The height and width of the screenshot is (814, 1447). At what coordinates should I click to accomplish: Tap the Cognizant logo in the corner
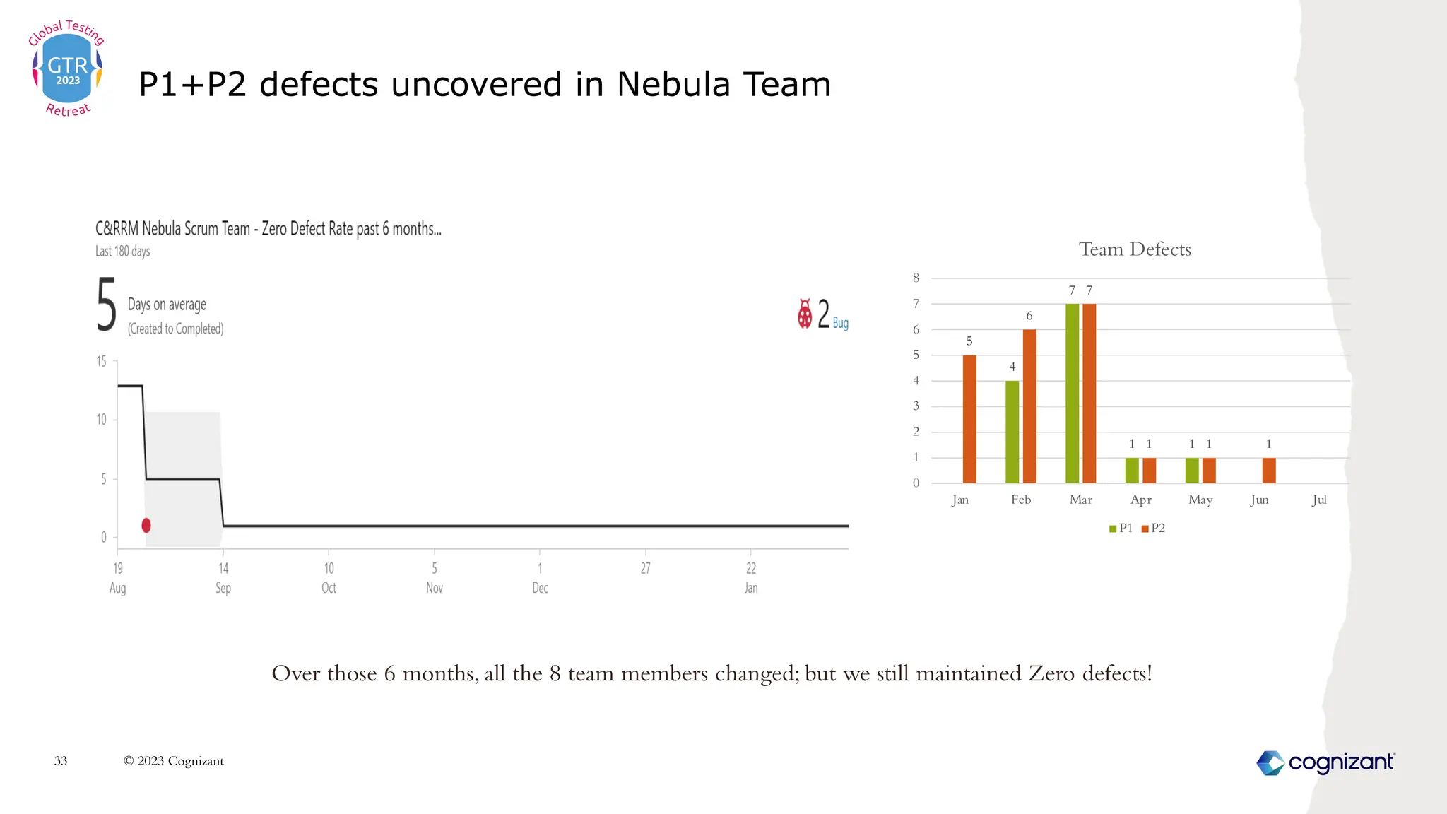[1325, 762]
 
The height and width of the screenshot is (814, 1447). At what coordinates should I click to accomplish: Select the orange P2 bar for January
[969, 419]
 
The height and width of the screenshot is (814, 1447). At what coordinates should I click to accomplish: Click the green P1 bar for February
[1012, 432]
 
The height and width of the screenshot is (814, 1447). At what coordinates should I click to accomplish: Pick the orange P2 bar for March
[1089, 394]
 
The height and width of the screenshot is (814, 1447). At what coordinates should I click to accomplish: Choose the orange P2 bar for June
[1269, 471]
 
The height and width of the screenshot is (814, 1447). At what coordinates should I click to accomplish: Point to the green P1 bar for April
[1132, 471]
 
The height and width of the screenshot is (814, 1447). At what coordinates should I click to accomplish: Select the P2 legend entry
[1153, 528]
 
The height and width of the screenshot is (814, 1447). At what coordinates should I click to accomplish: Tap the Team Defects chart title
[1135, 249]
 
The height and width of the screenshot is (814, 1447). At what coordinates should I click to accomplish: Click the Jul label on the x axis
[1319, 500]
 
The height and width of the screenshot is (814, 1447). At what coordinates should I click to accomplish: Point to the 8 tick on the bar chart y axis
[916, 278]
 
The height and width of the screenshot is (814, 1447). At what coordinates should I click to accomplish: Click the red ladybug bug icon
[805, 314]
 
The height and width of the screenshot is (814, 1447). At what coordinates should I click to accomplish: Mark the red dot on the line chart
[146, 525]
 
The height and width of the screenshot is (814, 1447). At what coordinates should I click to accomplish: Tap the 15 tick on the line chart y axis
[102, 362]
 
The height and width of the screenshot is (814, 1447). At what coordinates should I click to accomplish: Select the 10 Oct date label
[329, 578]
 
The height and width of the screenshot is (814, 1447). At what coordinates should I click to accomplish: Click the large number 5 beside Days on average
[106, 305]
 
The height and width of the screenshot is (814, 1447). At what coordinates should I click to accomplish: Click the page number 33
[61, 761]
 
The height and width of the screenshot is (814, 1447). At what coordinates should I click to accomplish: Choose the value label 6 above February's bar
[1029, 316]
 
